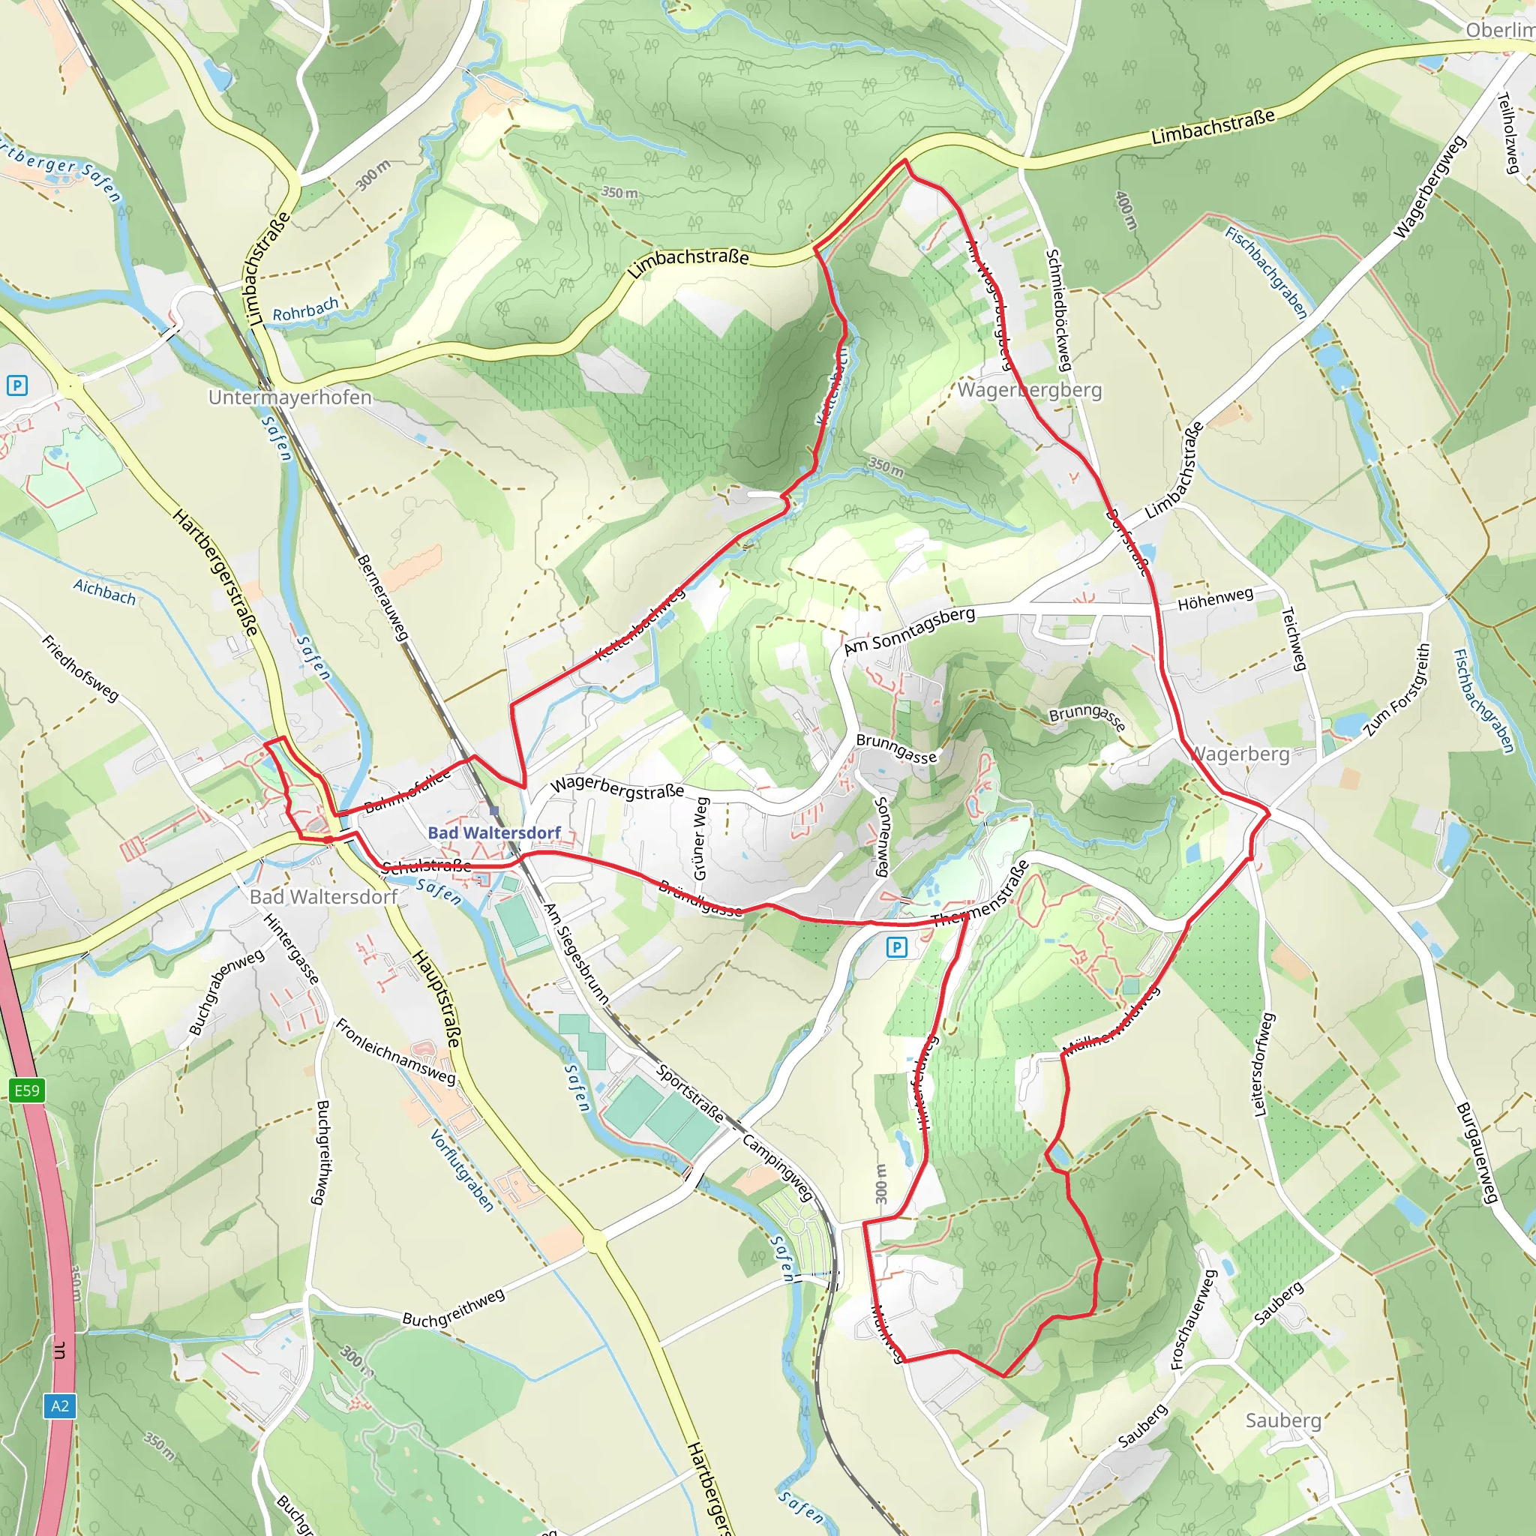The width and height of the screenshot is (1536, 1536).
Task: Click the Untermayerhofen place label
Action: tap(289, 397)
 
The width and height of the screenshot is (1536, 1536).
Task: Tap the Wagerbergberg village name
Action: tap(1029, 390)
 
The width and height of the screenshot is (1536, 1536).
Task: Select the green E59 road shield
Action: tap(27, 1090)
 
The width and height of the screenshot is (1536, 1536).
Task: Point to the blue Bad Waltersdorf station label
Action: tap(493, 832)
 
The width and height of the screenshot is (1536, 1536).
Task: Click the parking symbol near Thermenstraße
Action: tap(896, 947)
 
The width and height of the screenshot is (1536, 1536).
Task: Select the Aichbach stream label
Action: tap(104, 592)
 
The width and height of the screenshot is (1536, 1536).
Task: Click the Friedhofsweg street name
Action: tap(80, 667)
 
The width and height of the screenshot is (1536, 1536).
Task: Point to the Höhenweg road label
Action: tap(1215, 598)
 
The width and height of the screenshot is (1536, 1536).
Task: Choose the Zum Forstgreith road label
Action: tap(1396, 690)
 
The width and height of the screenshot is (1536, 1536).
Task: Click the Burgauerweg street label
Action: tap(1478, 1153)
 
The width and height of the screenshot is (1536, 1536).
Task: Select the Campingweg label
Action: tap(778, 1168)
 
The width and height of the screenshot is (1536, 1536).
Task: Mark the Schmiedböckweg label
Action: tap(1059, 310)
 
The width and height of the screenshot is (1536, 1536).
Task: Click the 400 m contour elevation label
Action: tap(1126, 211)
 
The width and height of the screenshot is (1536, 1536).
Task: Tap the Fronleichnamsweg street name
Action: tap(395, 1051)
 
